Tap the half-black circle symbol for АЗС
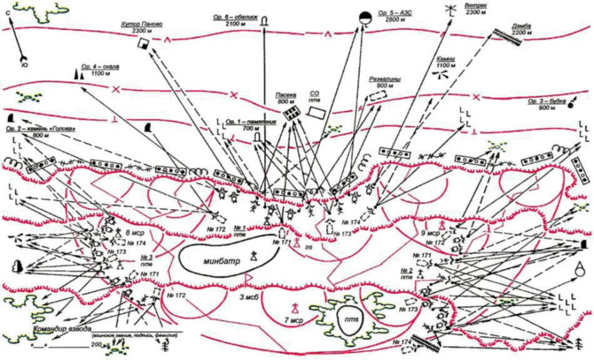pos(364,18)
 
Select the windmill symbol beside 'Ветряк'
pos(449,11)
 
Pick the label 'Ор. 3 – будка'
pos(545,101)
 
